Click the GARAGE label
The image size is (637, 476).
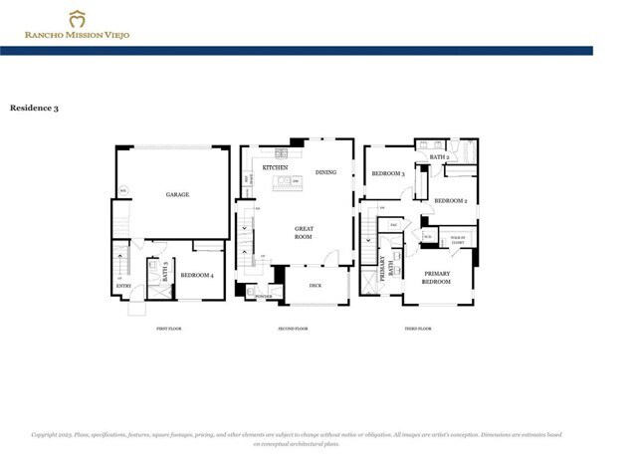point(177,194)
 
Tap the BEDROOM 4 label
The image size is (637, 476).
point(197,274)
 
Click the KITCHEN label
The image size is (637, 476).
point(276,168)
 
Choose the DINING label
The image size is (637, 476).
point(326,172)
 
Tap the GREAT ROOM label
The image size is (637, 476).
point(304,233)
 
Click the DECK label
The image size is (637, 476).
point(315,285)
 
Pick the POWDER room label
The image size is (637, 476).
point(264,297)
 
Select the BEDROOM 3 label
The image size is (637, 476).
point(388,173)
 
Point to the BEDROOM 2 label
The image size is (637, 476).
point(451,200)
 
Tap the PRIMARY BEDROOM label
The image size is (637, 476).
point(438,277)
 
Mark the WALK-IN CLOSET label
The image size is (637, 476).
point(459,240)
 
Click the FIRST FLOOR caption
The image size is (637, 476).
point(168,328)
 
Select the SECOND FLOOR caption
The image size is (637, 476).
point(294,328)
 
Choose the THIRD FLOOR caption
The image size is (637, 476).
point(417,328)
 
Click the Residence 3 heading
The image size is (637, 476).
point(34,107)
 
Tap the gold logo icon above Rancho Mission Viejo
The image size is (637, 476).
point(77,18)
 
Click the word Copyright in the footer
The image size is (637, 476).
point(48,435)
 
